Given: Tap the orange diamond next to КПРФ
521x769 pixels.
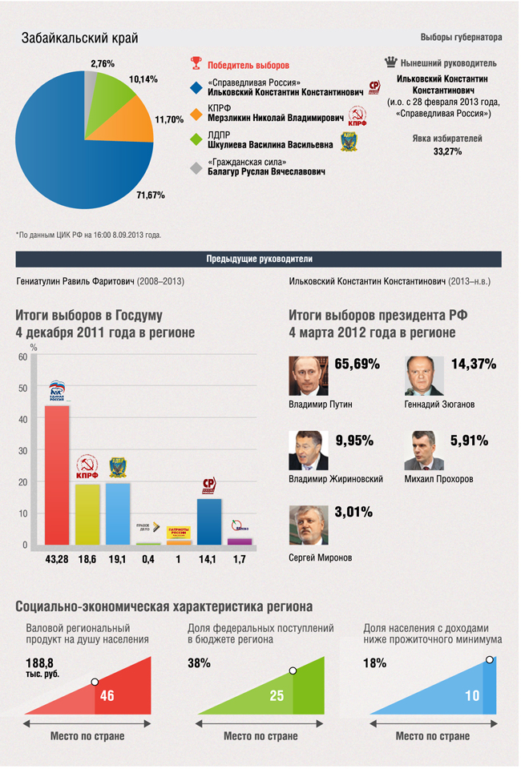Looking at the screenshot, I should (195, 113).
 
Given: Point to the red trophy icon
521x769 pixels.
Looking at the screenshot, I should (195, 64).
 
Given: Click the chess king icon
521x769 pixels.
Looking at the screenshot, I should (390, 62).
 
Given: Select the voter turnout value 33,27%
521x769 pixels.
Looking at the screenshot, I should (447, 151).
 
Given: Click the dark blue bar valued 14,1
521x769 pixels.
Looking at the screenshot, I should (209, 521).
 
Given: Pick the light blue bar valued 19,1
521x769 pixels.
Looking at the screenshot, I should (118, 513).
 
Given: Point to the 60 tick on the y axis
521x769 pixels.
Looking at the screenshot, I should (23, 356).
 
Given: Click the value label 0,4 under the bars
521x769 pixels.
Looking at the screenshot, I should (148, 559).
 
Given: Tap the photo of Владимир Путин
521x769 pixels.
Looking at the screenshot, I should (309, 376).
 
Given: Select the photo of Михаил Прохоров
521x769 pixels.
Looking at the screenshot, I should (424, 450).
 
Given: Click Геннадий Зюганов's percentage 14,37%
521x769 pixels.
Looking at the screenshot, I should (475, 364).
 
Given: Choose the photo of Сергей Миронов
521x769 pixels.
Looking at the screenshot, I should (309, 525).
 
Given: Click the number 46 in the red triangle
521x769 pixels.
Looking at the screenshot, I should (107, 695).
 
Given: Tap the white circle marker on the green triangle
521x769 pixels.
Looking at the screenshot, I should (293, 670).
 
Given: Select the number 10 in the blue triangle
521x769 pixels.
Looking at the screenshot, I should (472, 695).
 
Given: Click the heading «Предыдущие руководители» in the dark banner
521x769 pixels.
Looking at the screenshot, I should (259, 259).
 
